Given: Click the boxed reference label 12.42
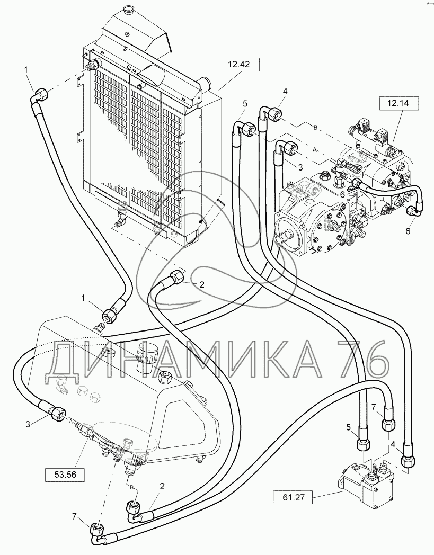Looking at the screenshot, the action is point(239,65).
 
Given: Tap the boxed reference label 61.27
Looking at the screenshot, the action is point(293,498).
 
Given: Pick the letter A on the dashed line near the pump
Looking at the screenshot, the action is point(315,150).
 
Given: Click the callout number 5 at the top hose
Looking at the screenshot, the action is point(245,104).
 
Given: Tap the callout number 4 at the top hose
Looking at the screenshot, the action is point(285,91).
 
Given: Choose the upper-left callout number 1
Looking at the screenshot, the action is point(26,70).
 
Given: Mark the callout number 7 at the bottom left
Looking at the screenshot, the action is point(74,517).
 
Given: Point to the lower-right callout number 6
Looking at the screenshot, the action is point(408,231).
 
